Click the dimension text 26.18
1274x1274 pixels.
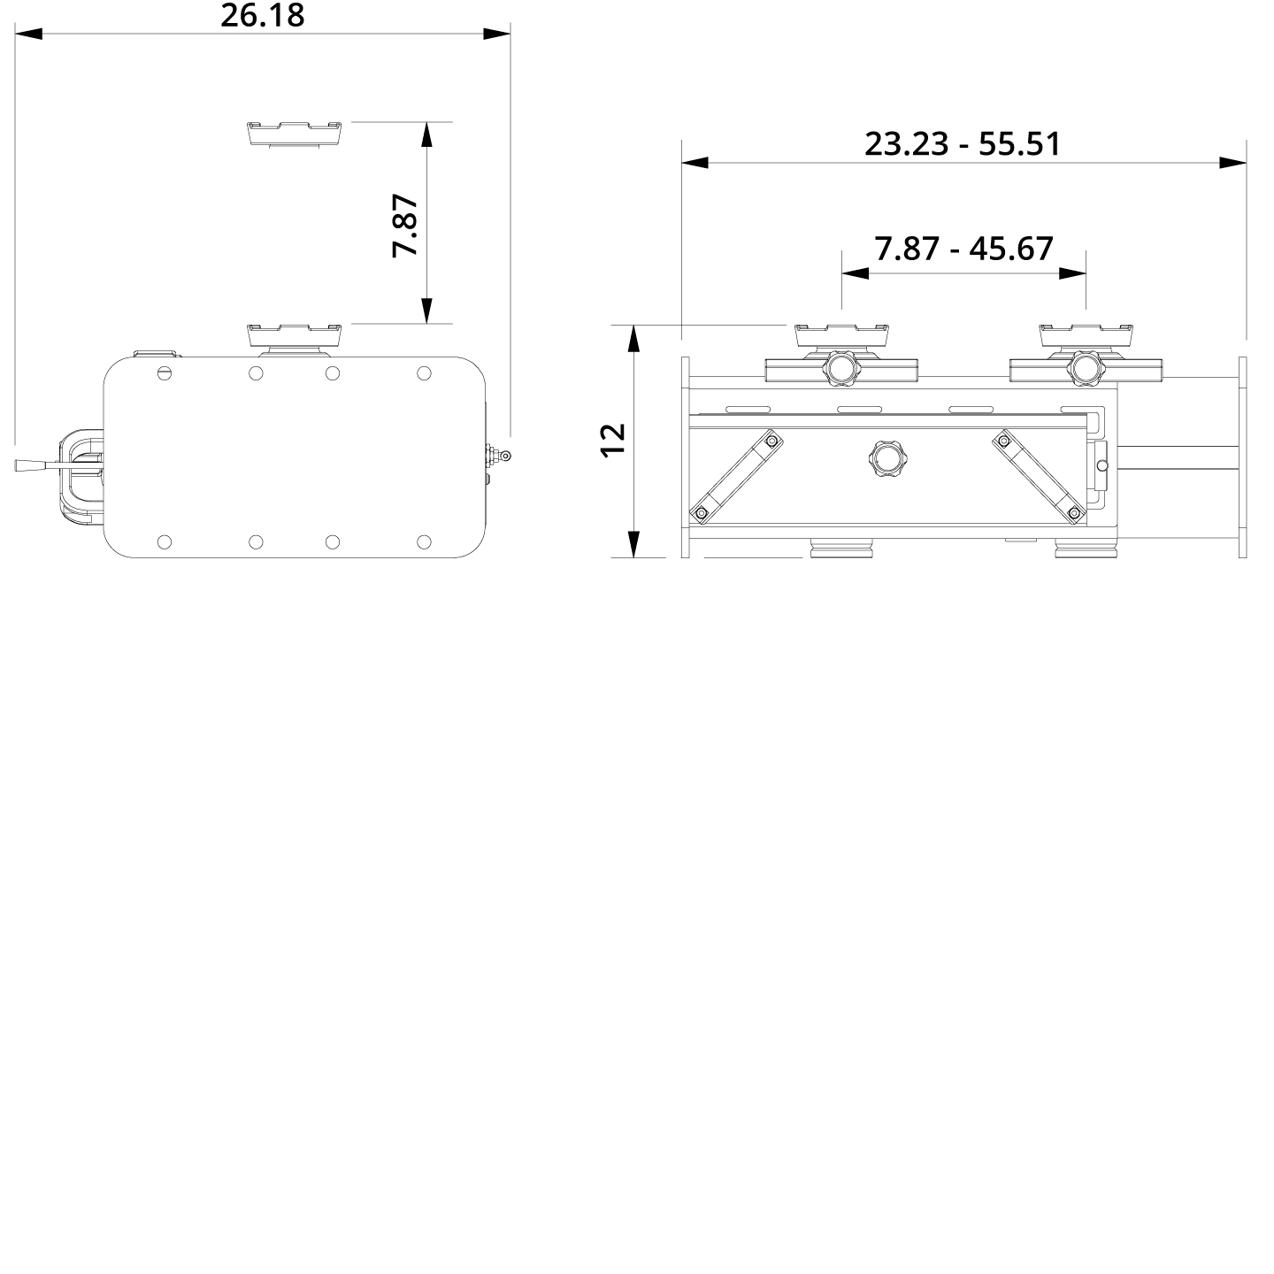click(262, 15)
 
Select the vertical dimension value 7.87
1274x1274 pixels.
click(405, 226)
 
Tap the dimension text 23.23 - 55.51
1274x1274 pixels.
click(962, 143)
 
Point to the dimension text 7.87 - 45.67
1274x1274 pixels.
click(963, 249)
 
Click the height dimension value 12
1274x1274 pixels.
click(613, 440)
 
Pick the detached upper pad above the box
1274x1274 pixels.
click(295, 134)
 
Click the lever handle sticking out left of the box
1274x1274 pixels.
click(35, 464)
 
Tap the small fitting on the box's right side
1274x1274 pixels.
click(500, 457)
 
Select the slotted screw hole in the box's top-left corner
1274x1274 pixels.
click(164, 373)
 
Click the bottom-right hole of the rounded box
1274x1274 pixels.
click(424, 541)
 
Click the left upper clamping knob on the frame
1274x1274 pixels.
click(840, 368)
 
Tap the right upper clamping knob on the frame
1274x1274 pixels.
click(1084, 368)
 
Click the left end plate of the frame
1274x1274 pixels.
click(686, 457)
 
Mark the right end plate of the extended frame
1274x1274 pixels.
click(1242, 457)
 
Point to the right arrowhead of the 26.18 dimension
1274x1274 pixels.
click(497, 34)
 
